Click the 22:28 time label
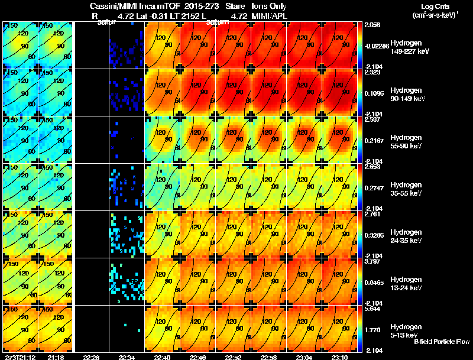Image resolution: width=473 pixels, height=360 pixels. pyautogui.click(x=91, y=357)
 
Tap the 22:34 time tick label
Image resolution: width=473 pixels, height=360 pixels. pyautogui.click(x=127, y=357)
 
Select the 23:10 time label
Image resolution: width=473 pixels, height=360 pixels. pyautogui.click(x=341, y=357)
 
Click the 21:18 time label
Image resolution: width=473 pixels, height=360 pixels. pyautogui.click(x=56, y=357)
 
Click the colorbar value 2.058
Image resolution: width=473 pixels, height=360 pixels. pyautogui.click(x=373, y=25)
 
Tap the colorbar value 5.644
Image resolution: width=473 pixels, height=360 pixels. pyautogui.click(x=373, y=309)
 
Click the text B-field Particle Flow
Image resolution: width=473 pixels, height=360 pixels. pyautogui.click(x=442, y=342)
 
